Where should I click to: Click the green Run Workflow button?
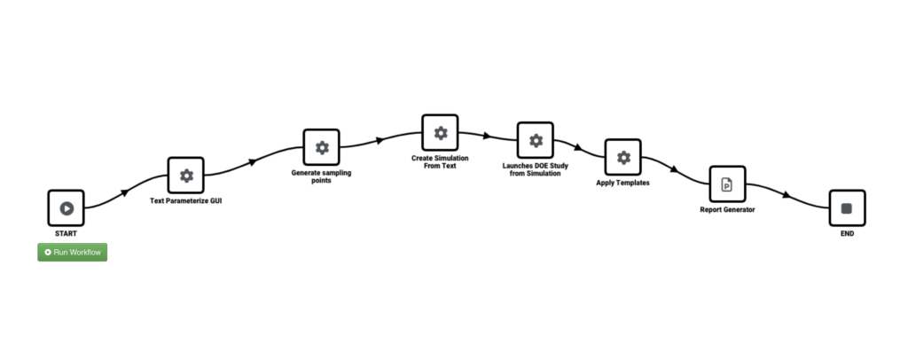click(72, 253)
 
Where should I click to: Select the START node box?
click(66, 208)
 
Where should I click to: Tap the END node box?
click(846, 208)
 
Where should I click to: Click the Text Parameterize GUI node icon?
click(186, 176)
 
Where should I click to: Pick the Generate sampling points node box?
click(322, 147)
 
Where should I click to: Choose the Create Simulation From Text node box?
click(440, 133)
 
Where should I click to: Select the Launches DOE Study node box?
click(535, 141)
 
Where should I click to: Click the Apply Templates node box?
click(622, 157)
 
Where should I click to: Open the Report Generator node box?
click(727, 184)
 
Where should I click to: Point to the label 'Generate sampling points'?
click(322, 176)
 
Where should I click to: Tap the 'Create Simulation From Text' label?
click(440, 161)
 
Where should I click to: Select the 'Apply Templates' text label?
click(622, 184)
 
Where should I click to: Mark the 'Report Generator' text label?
click(727, 210)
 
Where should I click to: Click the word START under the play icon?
click(66, 234)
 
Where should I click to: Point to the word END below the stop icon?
click(846, 234)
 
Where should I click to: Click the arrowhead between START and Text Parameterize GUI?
click(125, 191)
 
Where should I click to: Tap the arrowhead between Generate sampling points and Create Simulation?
click(380, 139)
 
